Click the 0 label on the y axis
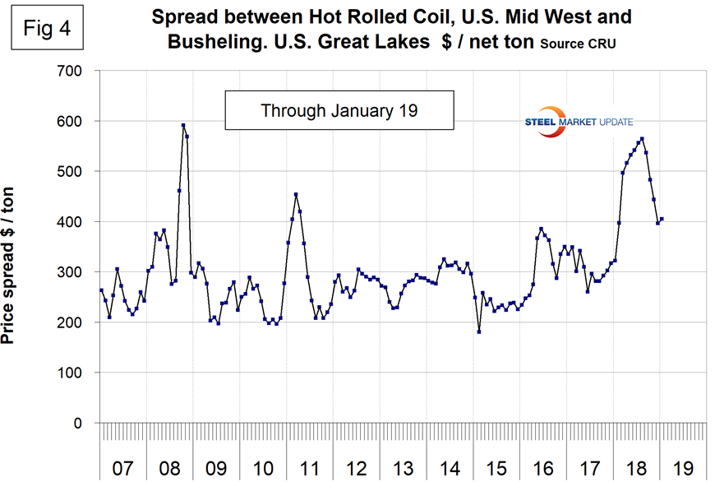click(x=78, y=423)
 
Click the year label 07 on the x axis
click(x=122, y=469)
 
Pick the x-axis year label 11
click(x=310, y=469)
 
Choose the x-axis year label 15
click(x=497, y=469)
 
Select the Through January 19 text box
click(x=339, y=110)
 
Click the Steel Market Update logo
click(x=579, y=122)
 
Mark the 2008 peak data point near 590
click(x=183, y=125)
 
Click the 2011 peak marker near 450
click(x=296, y=195)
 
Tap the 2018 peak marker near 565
click(x=642, y=139)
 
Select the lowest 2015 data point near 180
click(x=478, y=331)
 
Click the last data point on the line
click(x=662, y=219)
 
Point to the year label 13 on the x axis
click(x=404, y=469)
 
